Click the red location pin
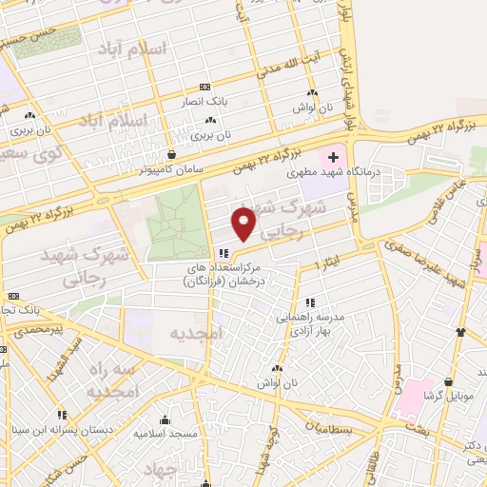[x=244, y=223]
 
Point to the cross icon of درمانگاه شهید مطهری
[x=334, y=156]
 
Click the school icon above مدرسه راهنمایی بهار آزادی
[x=310, y=302]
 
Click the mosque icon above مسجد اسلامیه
[x=165, y=419]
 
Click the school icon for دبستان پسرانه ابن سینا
[x=63, y=415]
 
